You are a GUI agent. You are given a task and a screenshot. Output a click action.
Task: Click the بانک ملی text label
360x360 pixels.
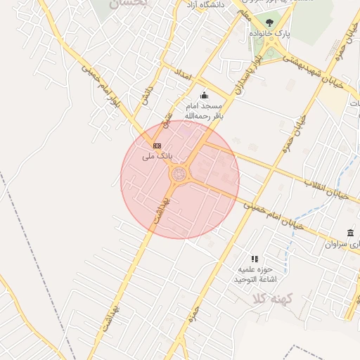pyautogui.click(x=157, y=155)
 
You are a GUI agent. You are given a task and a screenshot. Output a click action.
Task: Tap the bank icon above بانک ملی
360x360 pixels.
pyautogui.click(x=157, y=146)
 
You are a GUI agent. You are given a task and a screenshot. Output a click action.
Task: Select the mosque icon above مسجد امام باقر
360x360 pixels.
pyautogui.click(x=205, y=95)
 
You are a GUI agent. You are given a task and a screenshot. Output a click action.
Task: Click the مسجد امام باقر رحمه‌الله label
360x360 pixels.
pyautogui.click(x=204, y=110)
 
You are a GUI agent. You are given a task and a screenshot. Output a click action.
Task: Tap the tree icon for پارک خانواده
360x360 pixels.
pyautogui.click(x=269, y=22)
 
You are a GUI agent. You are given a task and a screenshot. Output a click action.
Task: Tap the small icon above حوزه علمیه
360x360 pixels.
pyautogui.click(x=255, y=259)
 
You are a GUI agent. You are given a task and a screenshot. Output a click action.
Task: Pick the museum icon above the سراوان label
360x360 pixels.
pyautogui.click(x=350, y=233)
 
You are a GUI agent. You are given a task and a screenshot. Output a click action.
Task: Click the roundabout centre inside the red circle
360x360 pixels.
pyautogui.click(x=180, y=173)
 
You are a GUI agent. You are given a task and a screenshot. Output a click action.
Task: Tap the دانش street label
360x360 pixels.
pyautogui.click(x=147, y=96)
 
